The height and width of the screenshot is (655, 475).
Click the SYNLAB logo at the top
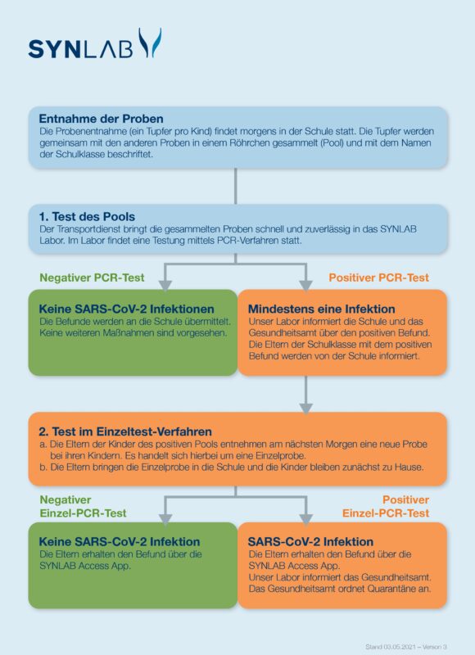(x=94, y=44)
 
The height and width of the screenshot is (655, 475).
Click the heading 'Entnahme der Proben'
(x=101, y=119)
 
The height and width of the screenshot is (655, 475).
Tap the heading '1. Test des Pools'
(x=87, y=217)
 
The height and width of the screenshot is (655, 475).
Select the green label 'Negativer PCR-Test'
(x=92, y=278)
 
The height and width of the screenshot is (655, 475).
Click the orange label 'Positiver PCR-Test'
(x=378, y=278)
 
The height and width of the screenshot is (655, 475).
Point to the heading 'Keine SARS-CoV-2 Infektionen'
(x=126, y=309)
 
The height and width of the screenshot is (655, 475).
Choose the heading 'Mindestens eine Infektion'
(x=321, y=309)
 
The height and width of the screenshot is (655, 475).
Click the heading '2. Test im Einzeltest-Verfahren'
(x=125, y=431)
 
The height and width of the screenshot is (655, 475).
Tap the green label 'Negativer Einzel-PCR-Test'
(x=83, y=506)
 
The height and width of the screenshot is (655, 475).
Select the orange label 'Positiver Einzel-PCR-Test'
(x=386, y=506)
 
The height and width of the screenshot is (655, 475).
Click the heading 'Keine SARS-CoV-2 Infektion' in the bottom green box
(x=119, y=542)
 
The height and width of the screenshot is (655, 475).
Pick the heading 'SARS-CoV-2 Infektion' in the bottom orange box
(x=310, y=542)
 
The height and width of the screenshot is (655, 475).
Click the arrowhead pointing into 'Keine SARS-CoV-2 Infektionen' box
(x=165, y=285)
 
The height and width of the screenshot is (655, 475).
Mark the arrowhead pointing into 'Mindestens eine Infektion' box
(x=305, y=285)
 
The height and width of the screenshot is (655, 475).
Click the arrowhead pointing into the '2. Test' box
(x=305, y=408)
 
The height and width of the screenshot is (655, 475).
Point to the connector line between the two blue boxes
(x=236, y=187)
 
